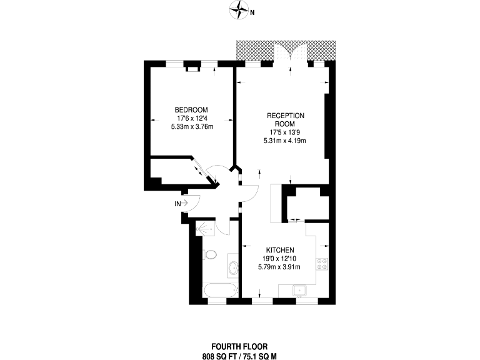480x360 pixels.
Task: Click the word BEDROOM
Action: point(191,110)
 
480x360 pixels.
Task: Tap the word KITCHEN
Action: point(279,250)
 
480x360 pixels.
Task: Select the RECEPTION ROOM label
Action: point(285,119)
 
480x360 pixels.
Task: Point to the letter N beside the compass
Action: point(252,11)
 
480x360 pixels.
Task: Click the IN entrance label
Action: point(178,204)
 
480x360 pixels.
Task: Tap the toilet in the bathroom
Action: point(210,254)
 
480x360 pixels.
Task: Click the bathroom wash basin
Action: point(232,269)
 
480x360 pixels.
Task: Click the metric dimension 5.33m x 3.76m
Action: point(192,127)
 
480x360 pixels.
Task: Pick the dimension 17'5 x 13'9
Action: point(285,132)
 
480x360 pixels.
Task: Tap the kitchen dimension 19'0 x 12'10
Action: point(279,259)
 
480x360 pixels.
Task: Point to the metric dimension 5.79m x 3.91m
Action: point(279,267)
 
